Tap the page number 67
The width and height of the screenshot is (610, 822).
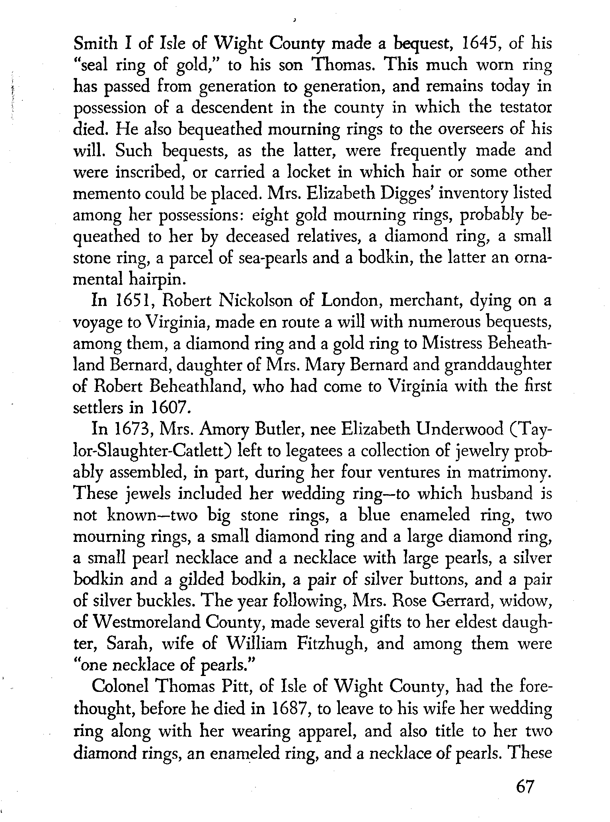tap(524, 787)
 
